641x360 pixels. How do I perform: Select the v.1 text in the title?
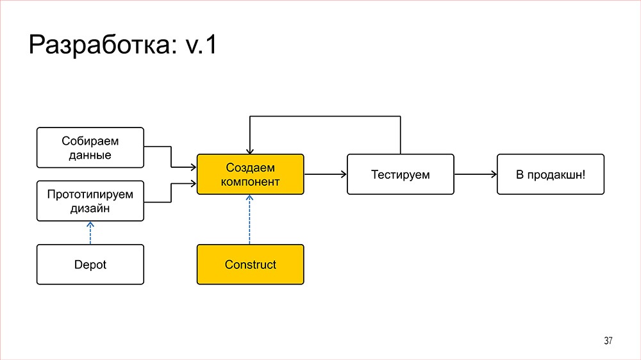click(201, 45)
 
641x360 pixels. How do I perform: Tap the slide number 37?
click(608, 341)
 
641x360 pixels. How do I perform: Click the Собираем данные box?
click(90, 147)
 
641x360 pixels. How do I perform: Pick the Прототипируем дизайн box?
click(90, 200)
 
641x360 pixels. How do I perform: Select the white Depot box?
click(90, 265)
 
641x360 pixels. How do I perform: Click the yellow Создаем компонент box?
click(250, 174)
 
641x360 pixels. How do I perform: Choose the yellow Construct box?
click(250, 265)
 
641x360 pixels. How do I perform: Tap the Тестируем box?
click(400, 174)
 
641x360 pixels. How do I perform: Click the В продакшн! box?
click(550, 174)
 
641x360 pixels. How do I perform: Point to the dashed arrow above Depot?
click(90, 233)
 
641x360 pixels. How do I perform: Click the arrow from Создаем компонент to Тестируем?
click(325, 174)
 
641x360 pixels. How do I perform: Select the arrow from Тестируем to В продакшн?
click(475, 174)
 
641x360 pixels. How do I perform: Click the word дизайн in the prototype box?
click(90, 208)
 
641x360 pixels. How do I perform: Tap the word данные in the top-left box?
click(90, 154)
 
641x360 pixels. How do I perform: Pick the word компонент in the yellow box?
click(250, 182)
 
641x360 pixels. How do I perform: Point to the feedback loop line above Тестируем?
click(325, 117)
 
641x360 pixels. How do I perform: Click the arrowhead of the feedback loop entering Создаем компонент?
click(250, 150)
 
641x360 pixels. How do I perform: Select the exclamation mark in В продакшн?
click(583, 174)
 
